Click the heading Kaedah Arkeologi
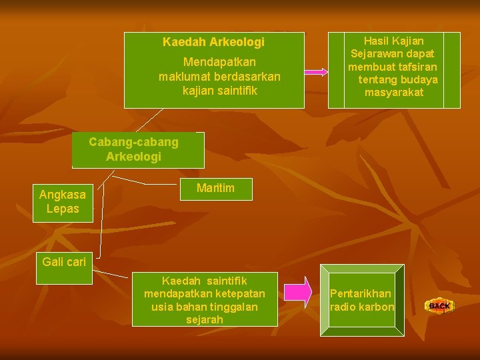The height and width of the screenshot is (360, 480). pos(213,42)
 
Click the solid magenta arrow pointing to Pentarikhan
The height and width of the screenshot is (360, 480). pos(298,292)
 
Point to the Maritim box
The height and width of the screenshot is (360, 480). pos(215,188)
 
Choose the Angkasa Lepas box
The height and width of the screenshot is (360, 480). pos(63,202)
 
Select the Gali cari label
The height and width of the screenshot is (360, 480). pos(64,262)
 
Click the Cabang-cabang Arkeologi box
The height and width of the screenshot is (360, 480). pos(134,149)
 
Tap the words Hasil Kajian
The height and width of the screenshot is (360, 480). pos(393,41)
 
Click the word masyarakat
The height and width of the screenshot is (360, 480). pos(393,93)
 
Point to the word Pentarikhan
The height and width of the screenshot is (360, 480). pos(361,293)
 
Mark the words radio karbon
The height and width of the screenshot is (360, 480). pos(362,307)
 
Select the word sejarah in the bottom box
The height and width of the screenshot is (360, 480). pos(205,319)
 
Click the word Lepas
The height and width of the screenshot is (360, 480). pos(63,209)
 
